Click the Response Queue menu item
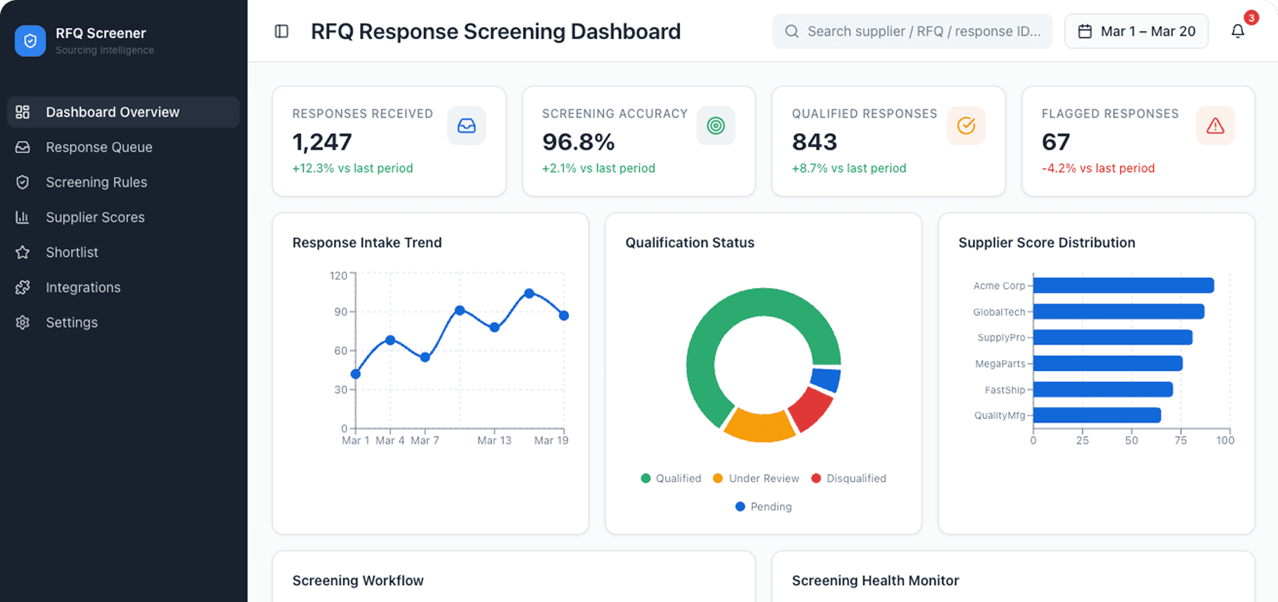99,147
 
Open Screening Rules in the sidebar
96,182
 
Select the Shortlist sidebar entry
72,252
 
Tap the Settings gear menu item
71,322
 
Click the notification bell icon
1237,32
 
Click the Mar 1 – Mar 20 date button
1136,32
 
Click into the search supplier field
921,32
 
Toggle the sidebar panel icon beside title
282,32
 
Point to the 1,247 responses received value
322,142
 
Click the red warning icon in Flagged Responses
1215,126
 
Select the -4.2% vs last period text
1098,168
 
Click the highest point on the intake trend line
529,293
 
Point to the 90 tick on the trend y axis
341,312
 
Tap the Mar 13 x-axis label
494,441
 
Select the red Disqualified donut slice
811,408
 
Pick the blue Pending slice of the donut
826,379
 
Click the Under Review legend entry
756,478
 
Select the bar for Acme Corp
1123,285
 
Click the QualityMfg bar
1097,415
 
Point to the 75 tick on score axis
1180,441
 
